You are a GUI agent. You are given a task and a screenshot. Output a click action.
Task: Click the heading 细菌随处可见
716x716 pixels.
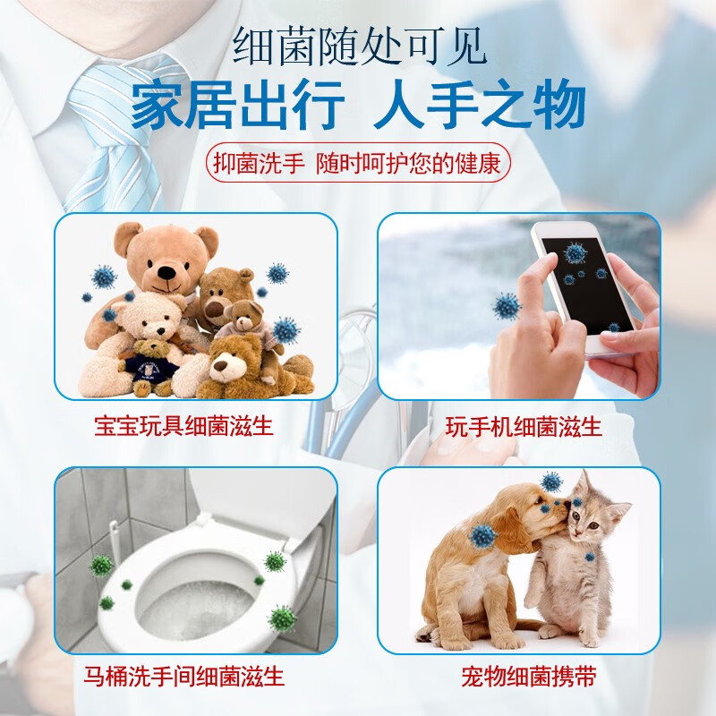click(359, 47)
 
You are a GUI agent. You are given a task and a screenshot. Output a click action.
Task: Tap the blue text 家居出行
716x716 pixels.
click(236, 106)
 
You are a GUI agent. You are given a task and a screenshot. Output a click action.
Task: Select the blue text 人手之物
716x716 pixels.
click(479, 106)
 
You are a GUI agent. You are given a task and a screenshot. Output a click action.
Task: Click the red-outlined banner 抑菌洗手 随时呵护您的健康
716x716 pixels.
click(358, 164)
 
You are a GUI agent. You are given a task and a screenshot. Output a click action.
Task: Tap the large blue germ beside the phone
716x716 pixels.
click(507, 306)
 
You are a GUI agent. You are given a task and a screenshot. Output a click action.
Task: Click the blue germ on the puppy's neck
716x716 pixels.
click(483, 536)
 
